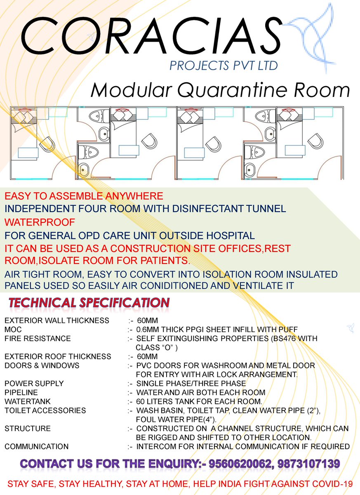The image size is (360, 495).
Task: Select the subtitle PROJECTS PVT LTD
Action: tap(224, 65)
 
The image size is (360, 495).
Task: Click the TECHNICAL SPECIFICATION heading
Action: tap(89, 303)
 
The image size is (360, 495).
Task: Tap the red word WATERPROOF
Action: tap(40, 222)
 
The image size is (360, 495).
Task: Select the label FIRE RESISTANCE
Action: tap(38, 339)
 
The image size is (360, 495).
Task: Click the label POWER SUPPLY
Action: tap(34, 383)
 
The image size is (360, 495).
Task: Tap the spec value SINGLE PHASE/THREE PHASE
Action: tap(191, 383)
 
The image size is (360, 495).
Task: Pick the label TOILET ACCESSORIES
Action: tap(45, 410)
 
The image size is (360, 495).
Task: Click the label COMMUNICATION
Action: tap(37, 446)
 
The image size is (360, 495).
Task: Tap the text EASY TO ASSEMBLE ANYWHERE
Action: tap(84, 196)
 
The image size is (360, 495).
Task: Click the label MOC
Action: tap(13, 330)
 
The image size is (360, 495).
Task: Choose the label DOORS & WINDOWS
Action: tap(42, 365)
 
